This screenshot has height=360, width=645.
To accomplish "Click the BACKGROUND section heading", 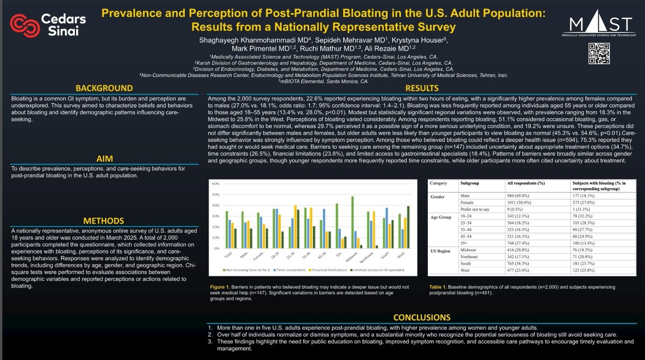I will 104,88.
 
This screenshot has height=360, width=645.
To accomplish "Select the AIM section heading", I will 104,159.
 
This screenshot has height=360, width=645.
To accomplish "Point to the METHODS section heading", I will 104,221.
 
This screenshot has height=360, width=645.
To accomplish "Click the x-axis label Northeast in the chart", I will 367,257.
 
